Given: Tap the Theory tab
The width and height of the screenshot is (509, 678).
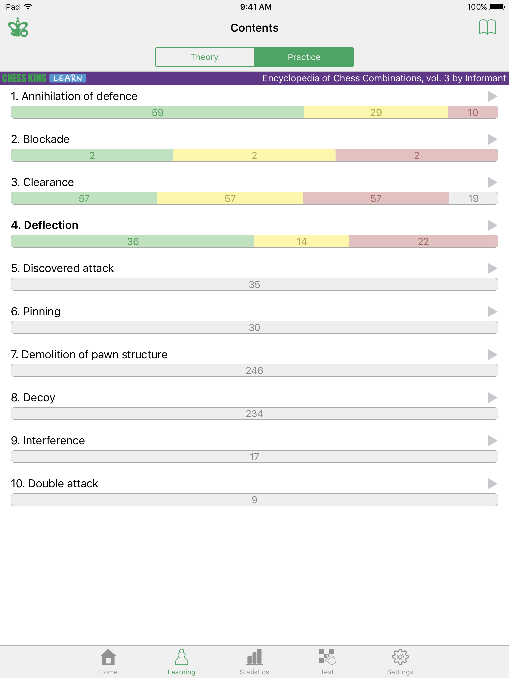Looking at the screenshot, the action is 204,57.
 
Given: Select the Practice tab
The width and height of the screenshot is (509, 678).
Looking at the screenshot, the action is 304,57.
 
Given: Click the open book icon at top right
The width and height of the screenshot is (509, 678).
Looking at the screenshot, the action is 487,27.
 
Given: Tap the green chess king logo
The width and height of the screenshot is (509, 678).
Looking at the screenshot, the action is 18,27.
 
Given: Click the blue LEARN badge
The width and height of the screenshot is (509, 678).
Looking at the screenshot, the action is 68,78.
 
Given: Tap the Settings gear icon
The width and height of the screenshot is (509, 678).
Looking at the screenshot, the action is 400,657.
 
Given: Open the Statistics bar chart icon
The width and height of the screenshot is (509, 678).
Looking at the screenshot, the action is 254,657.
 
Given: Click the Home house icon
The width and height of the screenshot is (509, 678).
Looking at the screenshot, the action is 108,657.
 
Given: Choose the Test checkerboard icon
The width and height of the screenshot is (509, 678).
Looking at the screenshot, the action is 327,657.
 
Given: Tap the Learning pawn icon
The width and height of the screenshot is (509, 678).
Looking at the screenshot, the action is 181,657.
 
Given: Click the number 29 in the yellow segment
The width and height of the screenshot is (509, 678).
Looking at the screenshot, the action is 376,113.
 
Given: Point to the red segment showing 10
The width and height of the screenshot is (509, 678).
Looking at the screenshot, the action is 473,112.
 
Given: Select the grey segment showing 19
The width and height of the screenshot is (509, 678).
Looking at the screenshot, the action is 473,198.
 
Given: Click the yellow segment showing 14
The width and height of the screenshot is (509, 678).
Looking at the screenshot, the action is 302,241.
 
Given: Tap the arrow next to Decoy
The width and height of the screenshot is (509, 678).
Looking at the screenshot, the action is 493,398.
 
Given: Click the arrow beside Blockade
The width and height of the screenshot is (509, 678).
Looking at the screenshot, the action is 493,139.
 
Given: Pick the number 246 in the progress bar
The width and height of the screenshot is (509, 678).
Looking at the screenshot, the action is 254,371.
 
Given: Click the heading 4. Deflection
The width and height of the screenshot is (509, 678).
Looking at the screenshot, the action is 45,225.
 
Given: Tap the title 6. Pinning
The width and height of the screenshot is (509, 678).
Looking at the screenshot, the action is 36,312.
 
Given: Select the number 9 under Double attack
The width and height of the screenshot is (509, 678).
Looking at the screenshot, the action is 254,500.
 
